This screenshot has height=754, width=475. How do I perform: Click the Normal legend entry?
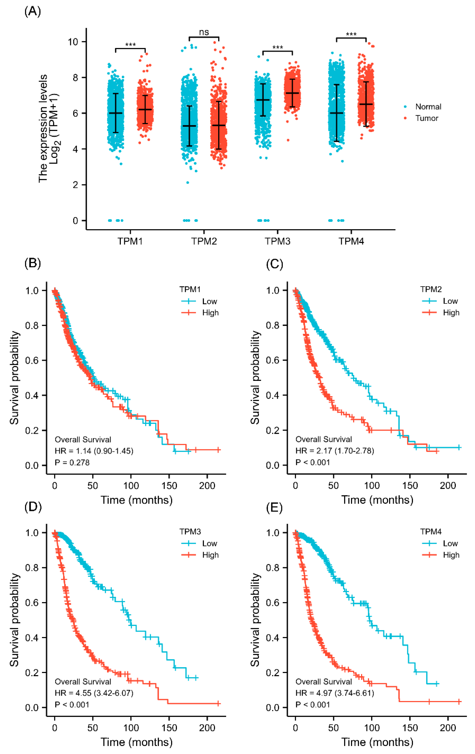(428, 107)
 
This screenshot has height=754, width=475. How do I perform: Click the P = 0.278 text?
(72, 462)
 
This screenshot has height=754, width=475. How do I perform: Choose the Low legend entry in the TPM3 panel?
(209, 543)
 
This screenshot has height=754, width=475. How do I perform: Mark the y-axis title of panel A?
(49, 128)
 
